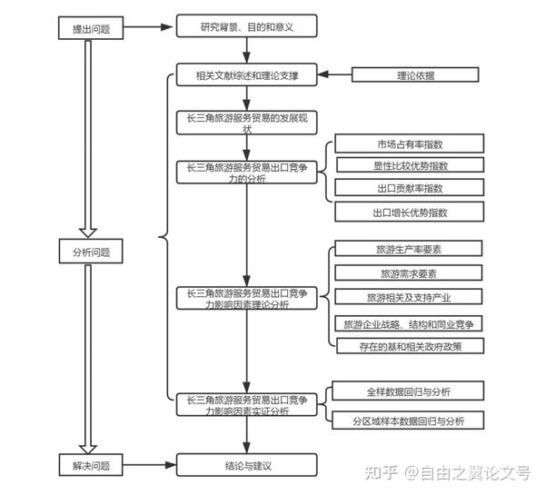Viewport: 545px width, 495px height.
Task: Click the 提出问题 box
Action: coord(91,28)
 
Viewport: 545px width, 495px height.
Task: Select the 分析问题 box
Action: coord(91,251)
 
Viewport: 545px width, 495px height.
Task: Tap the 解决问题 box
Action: coord(91,465)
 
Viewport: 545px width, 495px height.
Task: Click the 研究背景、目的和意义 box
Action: coord(247,25)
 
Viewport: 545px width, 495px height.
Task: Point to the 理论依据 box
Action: coord(415,74)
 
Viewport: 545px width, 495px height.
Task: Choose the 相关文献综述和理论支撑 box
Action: coord(247,74)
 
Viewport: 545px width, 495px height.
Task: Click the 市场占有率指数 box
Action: coord(410,144)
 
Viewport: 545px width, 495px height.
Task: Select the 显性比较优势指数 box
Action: coord(411,164)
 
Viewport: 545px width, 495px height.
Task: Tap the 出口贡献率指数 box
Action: coord(410,187)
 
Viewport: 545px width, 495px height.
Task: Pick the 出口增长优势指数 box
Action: coord(410,212)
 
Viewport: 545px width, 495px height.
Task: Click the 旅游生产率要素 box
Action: coord(409,248)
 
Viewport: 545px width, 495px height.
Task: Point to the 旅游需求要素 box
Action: coord(409,272)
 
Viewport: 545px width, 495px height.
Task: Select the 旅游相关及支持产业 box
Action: coord(409,296)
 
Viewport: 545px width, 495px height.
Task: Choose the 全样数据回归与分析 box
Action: coord(408,391)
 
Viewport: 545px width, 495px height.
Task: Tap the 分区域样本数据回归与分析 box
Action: coord(408,420)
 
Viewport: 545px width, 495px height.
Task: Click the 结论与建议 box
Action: coord(247,465)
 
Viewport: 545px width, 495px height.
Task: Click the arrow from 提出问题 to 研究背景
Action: coord(148,26)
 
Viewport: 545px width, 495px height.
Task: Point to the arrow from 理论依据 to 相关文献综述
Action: coord(335,74)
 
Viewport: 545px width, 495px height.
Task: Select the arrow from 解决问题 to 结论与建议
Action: coord(150,465)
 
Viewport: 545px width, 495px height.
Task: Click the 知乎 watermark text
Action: coord(381,473)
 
